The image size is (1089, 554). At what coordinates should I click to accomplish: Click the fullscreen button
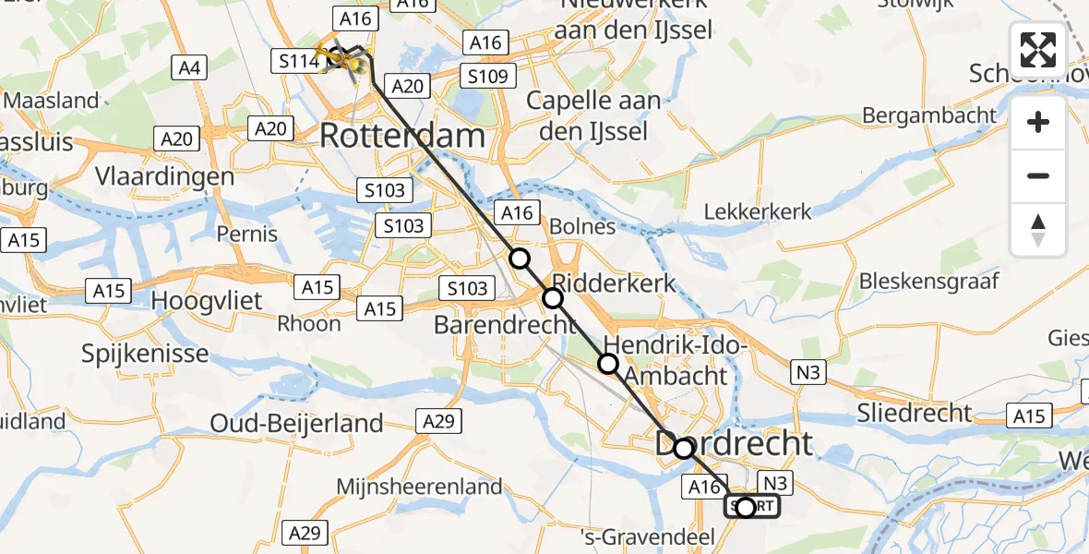(x=1038, y=49)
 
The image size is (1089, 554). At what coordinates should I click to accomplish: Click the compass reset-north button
(x=1038, y=230)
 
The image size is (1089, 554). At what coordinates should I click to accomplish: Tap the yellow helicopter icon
(x=337, y=59)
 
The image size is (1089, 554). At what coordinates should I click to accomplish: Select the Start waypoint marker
(x=746, y=507)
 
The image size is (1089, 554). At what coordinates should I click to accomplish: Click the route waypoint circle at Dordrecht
(x=683, y=449)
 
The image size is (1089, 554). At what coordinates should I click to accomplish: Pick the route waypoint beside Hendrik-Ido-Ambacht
(x=608, y=364)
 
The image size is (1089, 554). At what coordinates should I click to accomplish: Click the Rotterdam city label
(x=402, y=137)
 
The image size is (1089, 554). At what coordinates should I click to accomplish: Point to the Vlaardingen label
(x=164, y=177)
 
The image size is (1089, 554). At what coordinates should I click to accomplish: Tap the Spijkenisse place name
(x=145, y=353)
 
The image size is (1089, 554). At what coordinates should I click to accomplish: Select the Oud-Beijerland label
(x=296, y=424)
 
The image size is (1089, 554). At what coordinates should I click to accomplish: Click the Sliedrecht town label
(x=915, y=413)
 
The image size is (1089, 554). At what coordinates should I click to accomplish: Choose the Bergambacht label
(x=929, y=115)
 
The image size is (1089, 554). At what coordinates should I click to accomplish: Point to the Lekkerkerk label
(x=758, y=211)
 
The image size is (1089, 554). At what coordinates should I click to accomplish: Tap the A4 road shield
(x=188, y=66)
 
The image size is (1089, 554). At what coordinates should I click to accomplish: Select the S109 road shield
(x=487, y=77)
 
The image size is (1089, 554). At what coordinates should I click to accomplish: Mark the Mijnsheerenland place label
(x=420, y=487)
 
